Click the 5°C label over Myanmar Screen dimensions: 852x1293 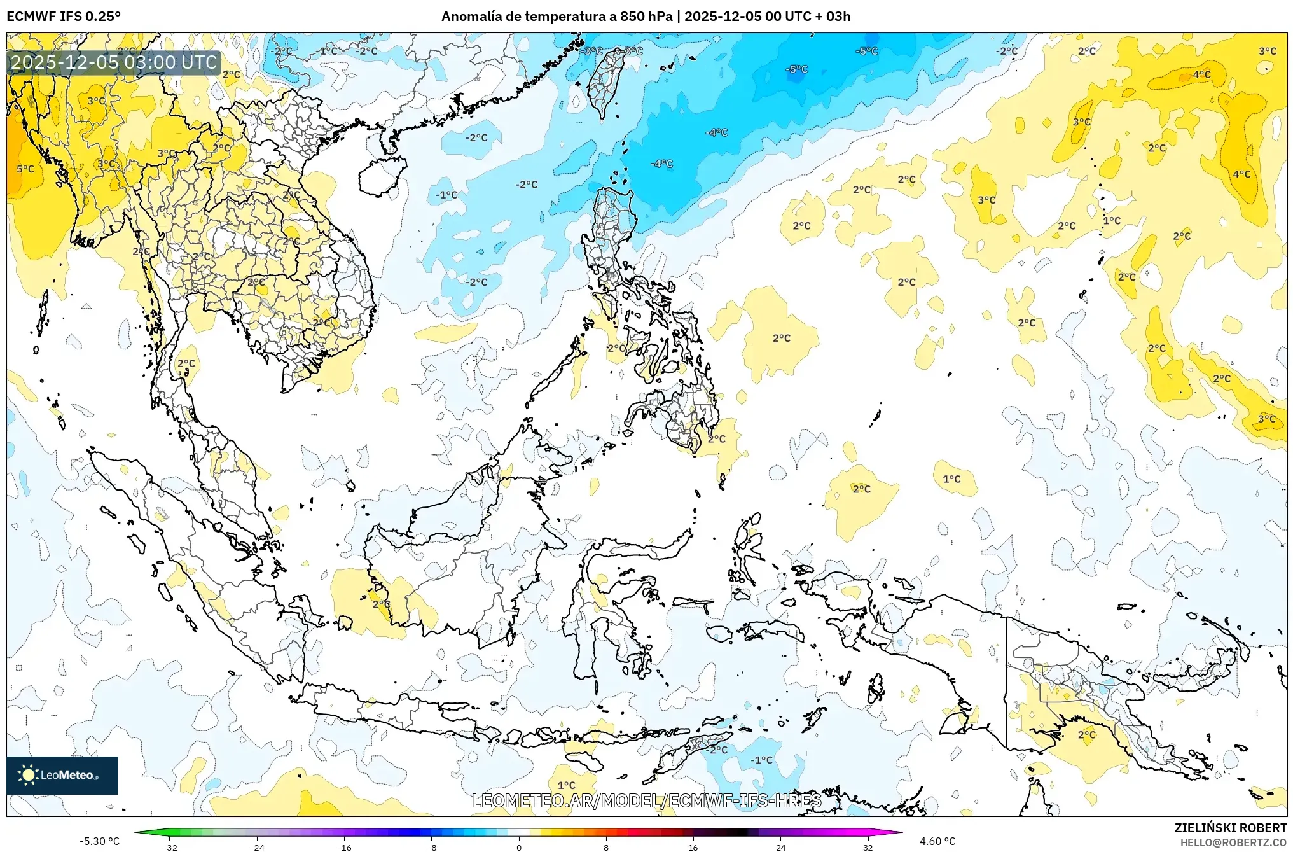pyautogui.click(x=25, y=169)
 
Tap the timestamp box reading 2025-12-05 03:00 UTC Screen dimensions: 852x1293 pyautogui.click(x=114, y=62)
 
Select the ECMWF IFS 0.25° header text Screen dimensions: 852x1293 pyautogui.click(x=64, y=17)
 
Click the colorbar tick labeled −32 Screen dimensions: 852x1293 pyautogui.click(x=170, y=847)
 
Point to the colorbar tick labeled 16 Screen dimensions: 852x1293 pyautogui.click(x=693, y=847)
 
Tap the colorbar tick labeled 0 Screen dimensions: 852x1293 pyautogui.click(x=519, y=847)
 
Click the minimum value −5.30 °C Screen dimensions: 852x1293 pyautogui.click(x=99, y=841)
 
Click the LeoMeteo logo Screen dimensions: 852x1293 pyautogui.click(x=62, y=775)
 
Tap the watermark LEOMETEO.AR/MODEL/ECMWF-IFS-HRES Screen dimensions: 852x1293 pyautogui.click(x=646, y=800)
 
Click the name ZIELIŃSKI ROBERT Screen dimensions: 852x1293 pyautogui.click(x=1230, y=828)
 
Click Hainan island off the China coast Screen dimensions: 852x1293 pyautogui.click(x=382, y=175)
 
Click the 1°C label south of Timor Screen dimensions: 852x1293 pyautogui.click(x=566, y=785)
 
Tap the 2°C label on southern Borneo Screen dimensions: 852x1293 pyautogui.click(x=381, y=603)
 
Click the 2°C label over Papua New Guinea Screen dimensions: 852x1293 pyautogui.click(x=1087, y=734)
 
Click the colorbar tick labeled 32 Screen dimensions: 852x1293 pyautogui.click(x=868, y=847)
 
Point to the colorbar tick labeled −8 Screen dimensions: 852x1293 pyautogui.click(x=431, y=847)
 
